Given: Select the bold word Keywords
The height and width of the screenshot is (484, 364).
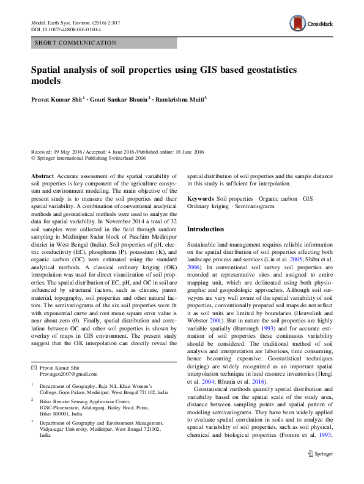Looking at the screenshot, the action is coord(201,199).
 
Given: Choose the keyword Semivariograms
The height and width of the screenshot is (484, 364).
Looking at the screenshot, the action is coord(254,207).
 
